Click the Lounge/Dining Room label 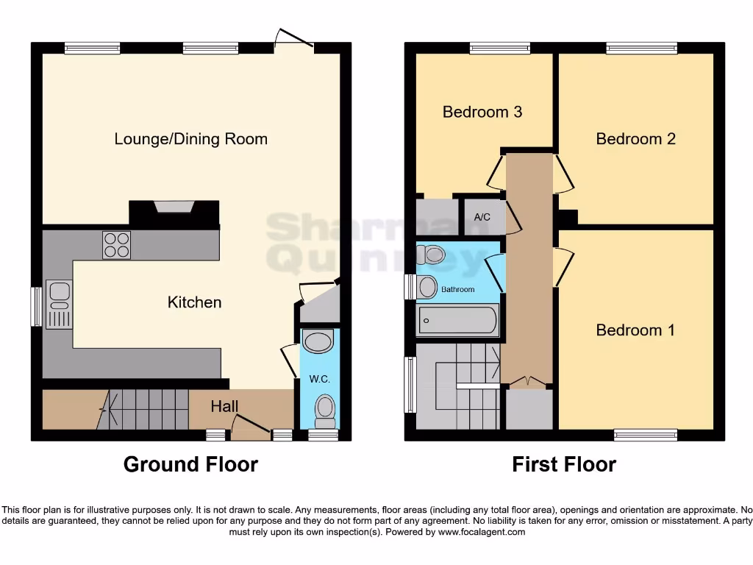[190, 139]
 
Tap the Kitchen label [194, 302]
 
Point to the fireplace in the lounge [174, 207]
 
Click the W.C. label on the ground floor [318, 380]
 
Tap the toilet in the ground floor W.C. [324, 411]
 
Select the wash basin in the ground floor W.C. [318, 342]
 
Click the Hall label [224, 406]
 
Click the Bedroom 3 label [482, 112]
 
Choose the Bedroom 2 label [635, 139]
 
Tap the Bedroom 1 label [635, 330]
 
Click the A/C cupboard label [482, 217]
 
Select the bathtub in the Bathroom [457, 321]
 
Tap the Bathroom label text [457, 290]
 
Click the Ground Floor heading [190, 465]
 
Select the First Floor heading [564, 465]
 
